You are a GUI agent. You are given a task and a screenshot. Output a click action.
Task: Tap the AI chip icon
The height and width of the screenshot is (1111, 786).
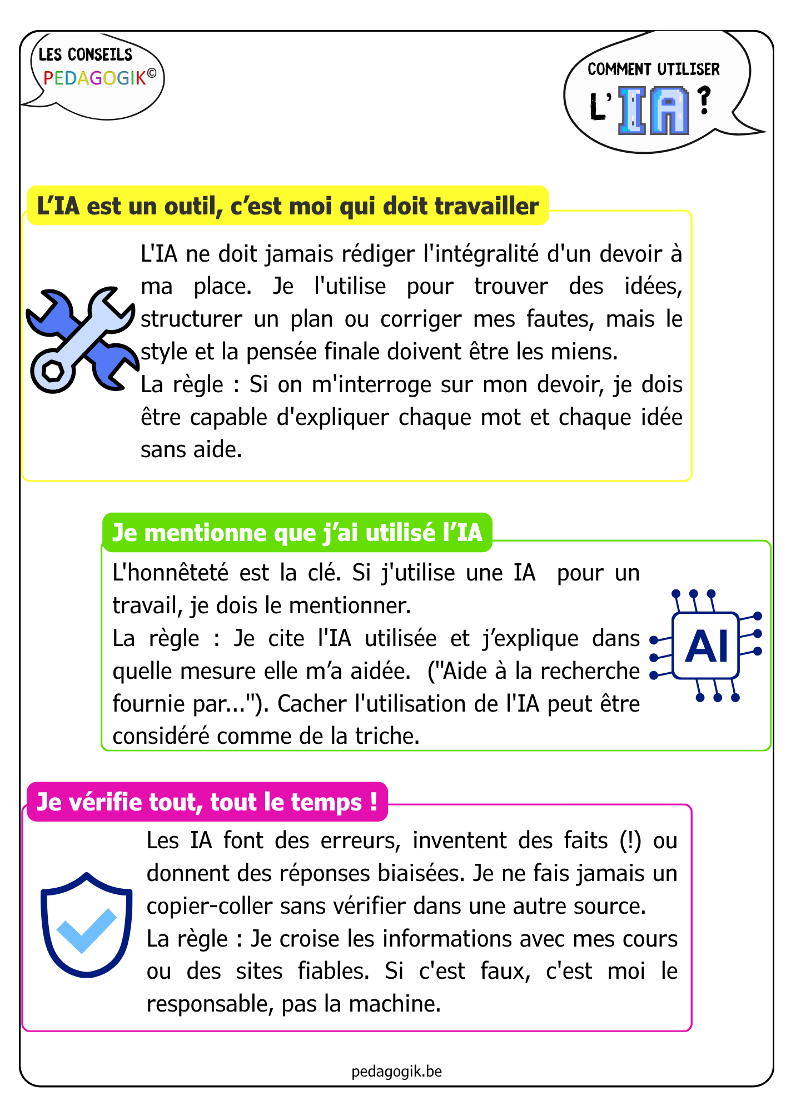(706, 646)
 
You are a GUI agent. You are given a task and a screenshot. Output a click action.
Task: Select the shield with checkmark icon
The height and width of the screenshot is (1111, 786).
(87, 925)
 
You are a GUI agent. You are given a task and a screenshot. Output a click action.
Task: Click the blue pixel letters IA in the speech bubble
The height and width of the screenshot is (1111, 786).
(654, 111)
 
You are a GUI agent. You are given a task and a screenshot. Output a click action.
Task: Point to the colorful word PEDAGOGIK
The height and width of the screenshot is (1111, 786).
(94, 78)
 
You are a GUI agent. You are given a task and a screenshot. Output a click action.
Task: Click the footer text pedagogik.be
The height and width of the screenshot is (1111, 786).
(396, 1071)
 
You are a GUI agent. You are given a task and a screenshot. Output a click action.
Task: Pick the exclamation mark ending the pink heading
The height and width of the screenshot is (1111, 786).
(373, 802)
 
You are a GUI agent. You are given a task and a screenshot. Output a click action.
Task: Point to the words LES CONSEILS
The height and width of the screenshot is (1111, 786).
(86, 54)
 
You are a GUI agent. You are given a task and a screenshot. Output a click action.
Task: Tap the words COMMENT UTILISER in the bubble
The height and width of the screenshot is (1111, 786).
(654, 69)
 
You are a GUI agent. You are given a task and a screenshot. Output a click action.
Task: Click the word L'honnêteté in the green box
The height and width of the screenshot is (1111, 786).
(170, 573)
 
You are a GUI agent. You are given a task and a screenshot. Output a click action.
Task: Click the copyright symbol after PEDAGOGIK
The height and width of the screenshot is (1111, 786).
(152, 73)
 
